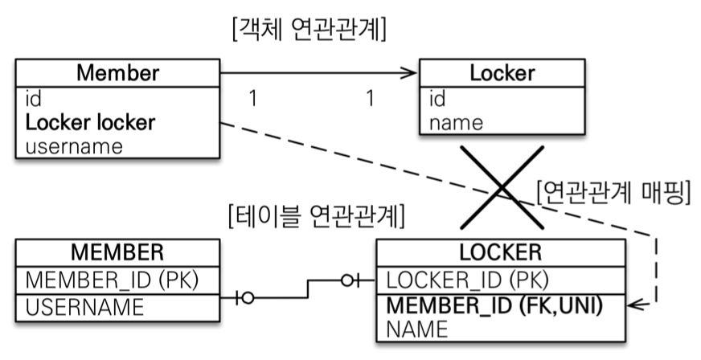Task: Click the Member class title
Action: coord(117,73)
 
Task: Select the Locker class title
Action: coord(502,73)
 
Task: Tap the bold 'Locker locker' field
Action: coord(91,123)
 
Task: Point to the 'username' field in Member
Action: coord(74,146)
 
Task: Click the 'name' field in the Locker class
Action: coord(456,123)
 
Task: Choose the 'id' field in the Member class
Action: coord(34,98)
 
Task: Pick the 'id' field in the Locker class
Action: coord(437,98)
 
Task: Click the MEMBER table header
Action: coord(117,252)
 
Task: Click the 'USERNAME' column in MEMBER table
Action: coord(85,306)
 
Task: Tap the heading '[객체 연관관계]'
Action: coord(310,31)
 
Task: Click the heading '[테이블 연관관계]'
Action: coord(317,215)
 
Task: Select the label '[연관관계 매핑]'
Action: coord(613,193)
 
